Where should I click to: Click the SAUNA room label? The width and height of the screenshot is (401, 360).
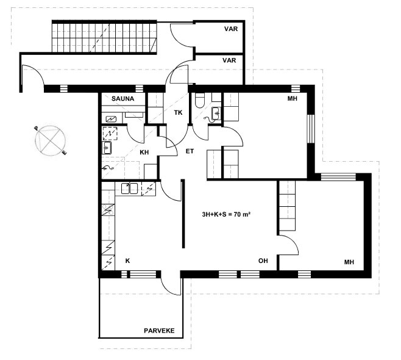122,99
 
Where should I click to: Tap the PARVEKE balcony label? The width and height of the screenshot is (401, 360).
159,331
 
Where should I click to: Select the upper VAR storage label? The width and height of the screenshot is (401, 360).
231,29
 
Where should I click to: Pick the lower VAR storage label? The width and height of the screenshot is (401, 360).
229,60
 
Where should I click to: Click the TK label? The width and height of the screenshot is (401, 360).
178,112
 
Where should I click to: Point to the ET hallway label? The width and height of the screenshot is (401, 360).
190,151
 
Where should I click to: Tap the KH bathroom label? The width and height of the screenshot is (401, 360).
144,153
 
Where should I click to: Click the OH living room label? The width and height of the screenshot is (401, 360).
263,261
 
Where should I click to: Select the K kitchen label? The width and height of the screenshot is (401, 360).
127,261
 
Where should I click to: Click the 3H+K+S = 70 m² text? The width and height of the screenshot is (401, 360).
226,215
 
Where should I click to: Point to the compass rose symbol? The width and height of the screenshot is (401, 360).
51,140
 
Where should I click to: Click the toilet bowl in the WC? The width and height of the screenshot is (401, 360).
199,100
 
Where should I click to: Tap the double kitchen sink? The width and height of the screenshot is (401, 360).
129,189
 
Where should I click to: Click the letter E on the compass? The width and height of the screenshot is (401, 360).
64,153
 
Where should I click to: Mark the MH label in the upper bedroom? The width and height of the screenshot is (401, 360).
293,98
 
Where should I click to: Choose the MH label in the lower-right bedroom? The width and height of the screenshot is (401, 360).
349,262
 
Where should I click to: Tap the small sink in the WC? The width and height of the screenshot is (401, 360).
216,113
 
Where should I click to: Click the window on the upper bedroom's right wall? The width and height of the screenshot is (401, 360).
310,129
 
